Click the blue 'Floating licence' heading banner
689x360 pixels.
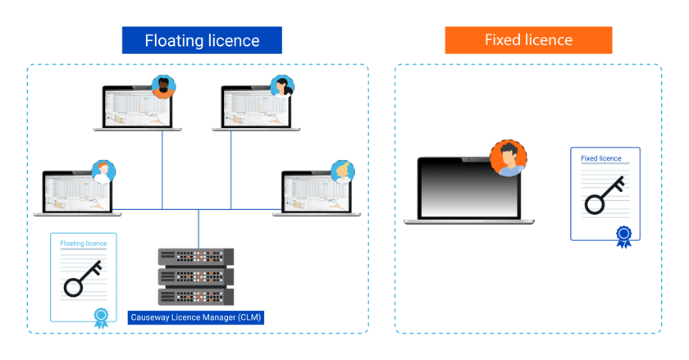coord(202,40)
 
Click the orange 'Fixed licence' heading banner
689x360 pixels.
coord(528,40)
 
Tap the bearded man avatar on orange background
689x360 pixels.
coord(164,86)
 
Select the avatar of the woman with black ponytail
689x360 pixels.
coord(284,86)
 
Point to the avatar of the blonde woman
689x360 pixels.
coord(343,171)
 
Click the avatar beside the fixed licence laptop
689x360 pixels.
coord(508,158)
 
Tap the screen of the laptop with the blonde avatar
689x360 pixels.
coord(315,192)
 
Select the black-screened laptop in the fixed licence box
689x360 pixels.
coord(469,188)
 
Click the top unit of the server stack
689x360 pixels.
coord(195,257)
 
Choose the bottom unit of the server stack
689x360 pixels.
coord(195,296)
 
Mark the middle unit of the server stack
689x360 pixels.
coord(195,276)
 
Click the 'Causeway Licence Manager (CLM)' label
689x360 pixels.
coord(198,317)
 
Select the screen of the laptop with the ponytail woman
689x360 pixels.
coord(256,107)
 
